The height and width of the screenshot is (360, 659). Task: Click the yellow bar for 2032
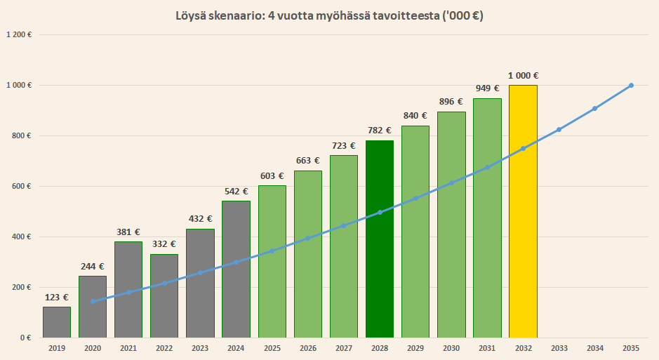pos(523,211)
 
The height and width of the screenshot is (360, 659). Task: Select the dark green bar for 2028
pos(379,239)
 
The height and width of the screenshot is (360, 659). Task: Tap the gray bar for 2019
pos(56,322)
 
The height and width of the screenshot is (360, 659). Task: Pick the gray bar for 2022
pos(164,295)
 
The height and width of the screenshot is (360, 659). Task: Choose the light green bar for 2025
pos(272,261)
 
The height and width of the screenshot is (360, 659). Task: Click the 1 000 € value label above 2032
pos(523,76)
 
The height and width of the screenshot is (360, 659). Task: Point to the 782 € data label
pos(380,131)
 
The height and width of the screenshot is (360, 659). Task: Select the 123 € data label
pos(57,297)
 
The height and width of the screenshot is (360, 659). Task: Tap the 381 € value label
pos(128,232)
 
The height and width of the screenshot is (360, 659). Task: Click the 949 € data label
pos(487,88)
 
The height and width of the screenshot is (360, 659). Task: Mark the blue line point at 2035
pos(631,86)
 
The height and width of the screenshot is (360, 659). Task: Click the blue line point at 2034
pos(594,108)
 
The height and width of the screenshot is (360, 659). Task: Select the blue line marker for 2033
pos(559,130)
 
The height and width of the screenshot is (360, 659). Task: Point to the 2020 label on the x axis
pos(92,347)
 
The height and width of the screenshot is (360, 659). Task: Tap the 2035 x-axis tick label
pos(630,347)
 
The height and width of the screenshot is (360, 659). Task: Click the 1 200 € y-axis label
pos(20,34)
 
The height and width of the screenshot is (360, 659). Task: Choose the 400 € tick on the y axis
pos(24,236)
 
